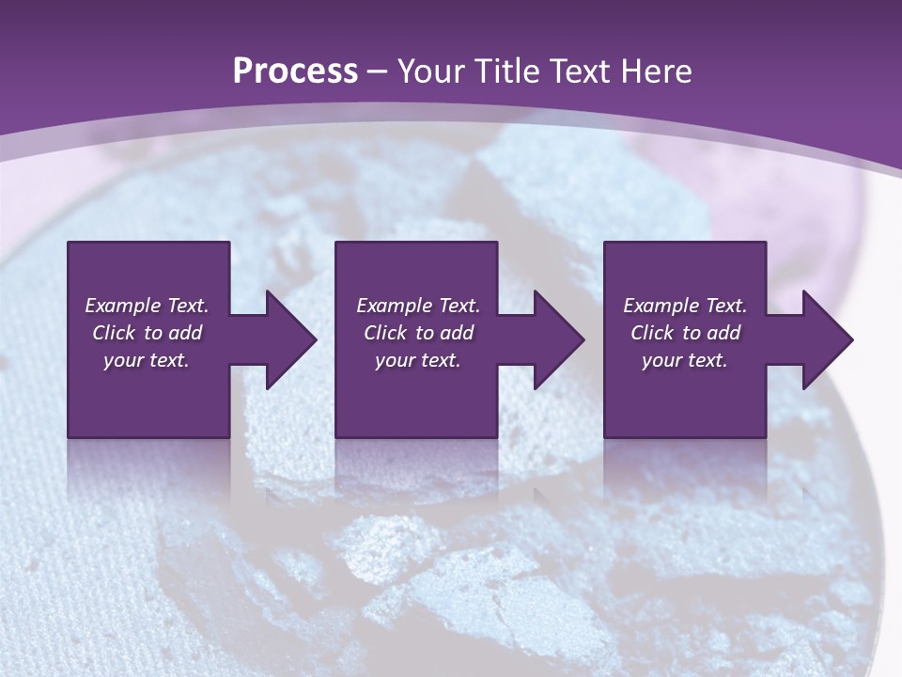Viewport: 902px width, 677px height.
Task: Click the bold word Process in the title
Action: pos(295,71)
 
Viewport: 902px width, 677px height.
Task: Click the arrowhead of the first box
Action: pos(291,339)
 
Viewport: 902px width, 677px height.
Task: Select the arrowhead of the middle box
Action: pos(559,339)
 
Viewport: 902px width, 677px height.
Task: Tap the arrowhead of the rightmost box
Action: pos(828,339)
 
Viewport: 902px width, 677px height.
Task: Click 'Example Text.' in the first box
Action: pos(147,306)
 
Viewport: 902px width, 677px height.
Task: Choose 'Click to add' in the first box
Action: pos(147,333)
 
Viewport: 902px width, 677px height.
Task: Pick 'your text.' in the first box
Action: pos(147,360)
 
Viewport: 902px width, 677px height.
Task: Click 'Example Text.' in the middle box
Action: pos(418,306)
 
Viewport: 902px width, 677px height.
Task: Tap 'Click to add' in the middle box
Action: pos(418,333)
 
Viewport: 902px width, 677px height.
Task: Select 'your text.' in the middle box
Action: pos(418,360)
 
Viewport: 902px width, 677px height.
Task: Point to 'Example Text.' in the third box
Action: pos(685,306)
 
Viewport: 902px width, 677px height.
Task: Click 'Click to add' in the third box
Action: pos(685,333)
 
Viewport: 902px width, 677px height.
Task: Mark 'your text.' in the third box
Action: pos(685,360)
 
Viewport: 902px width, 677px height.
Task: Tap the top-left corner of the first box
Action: pos(70,244)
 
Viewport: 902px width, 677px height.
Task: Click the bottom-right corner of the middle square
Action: pos(496,435)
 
